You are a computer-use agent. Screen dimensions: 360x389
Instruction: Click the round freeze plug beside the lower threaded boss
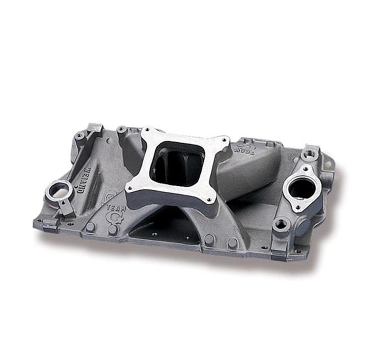(x=302, y=226)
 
